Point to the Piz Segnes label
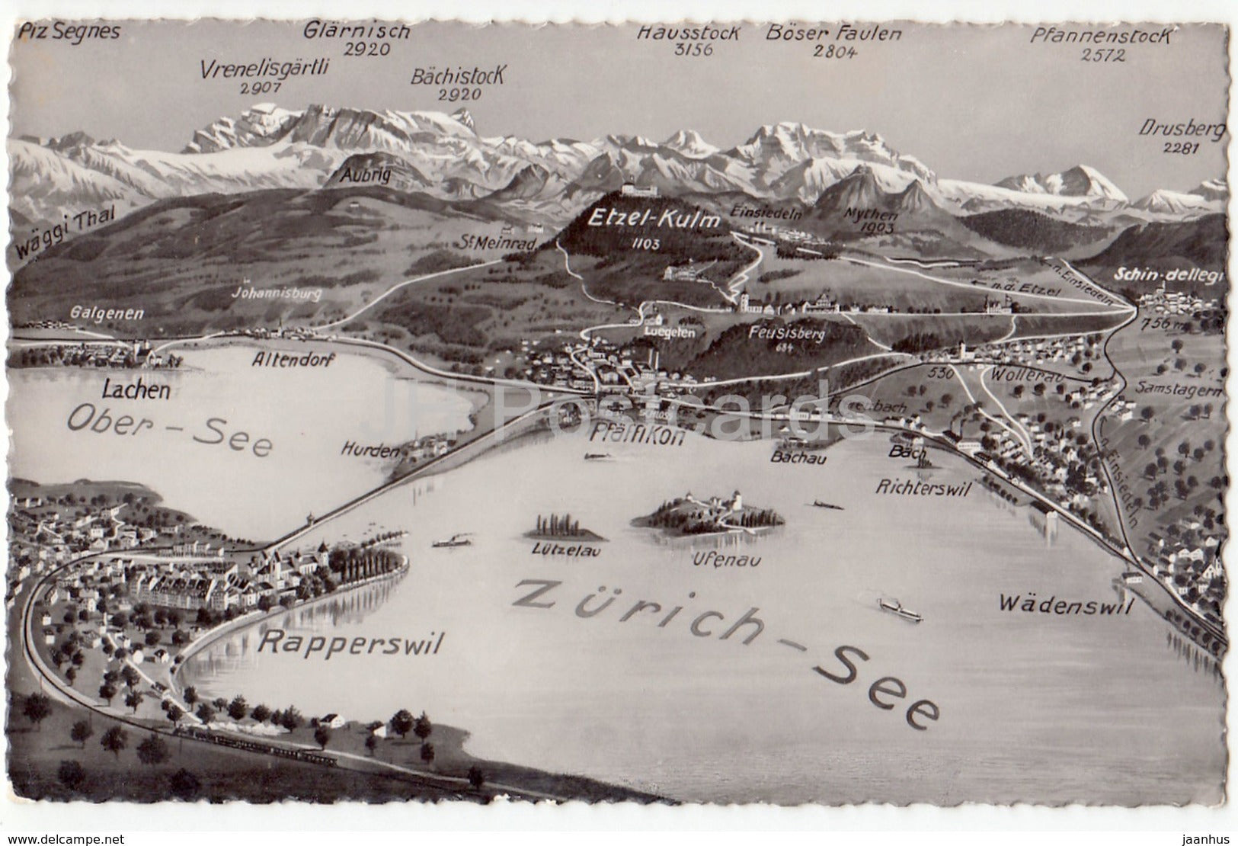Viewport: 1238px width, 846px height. tap(71, 31)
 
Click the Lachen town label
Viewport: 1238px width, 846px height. tap(136, 391)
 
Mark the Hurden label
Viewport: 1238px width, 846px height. tap(369, 451)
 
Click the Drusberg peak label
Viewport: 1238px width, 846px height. tap(1182, 130)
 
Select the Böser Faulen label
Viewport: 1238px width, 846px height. tap(833, 34)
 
